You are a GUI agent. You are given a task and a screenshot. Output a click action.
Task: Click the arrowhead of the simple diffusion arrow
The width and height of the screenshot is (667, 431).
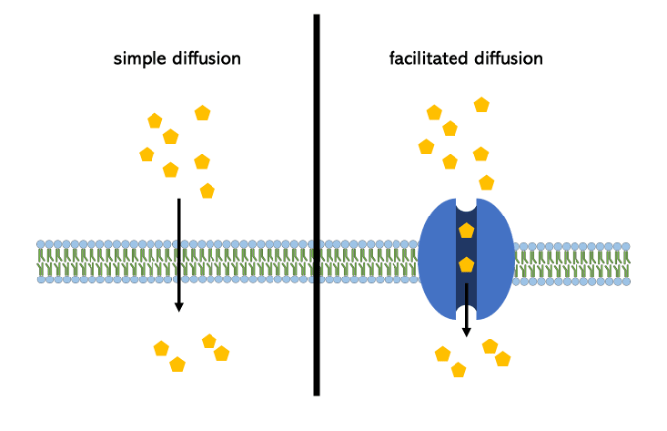tap(178, 306)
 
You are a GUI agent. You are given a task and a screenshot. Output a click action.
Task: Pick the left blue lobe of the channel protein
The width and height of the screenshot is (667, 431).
tap(437, 261)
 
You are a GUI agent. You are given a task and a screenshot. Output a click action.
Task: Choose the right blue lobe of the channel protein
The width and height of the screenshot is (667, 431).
tap(496, 261)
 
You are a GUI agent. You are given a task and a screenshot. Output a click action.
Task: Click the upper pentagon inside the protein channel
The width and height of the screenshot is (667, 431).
tap(466, 231)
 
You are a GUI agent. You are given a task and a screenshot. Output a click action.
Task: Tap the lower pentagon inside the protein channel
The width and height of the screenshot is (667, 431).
tap(466, 265)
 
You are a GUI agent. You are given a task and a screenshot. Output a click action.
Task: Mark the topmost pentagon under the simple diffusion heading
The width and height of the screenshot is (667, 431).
tap(202, 113)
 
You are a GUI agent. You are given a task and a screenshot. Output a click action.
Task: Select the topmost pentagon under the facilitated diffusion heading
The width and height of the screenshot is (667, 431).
tap(481, 104)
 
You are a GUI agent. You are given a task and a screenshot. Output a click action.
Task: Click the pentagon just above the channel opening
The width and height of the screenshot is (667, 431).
tap(486, 182)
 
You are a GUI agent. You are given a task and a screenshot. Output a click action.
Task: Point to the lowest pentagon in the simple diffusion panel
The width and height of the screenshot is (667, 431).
tap(177, 365)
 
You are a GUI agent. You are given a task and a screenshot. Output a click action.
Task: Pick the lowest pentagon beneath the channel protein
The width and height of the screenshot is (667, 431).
tap(458, 370)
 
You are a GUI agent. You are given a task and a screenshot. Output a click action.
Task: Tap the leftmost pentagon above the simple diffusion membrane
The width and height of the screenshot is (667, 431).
tap(147, 154)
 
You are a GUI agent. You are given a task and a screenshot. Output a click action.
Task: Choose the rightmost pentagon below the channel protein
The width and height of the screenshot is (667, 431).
tap(503, 359)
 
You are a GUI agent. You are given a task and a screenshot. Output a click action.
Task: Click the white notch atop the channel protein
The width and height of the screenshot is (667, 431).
tap(466, 204)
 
